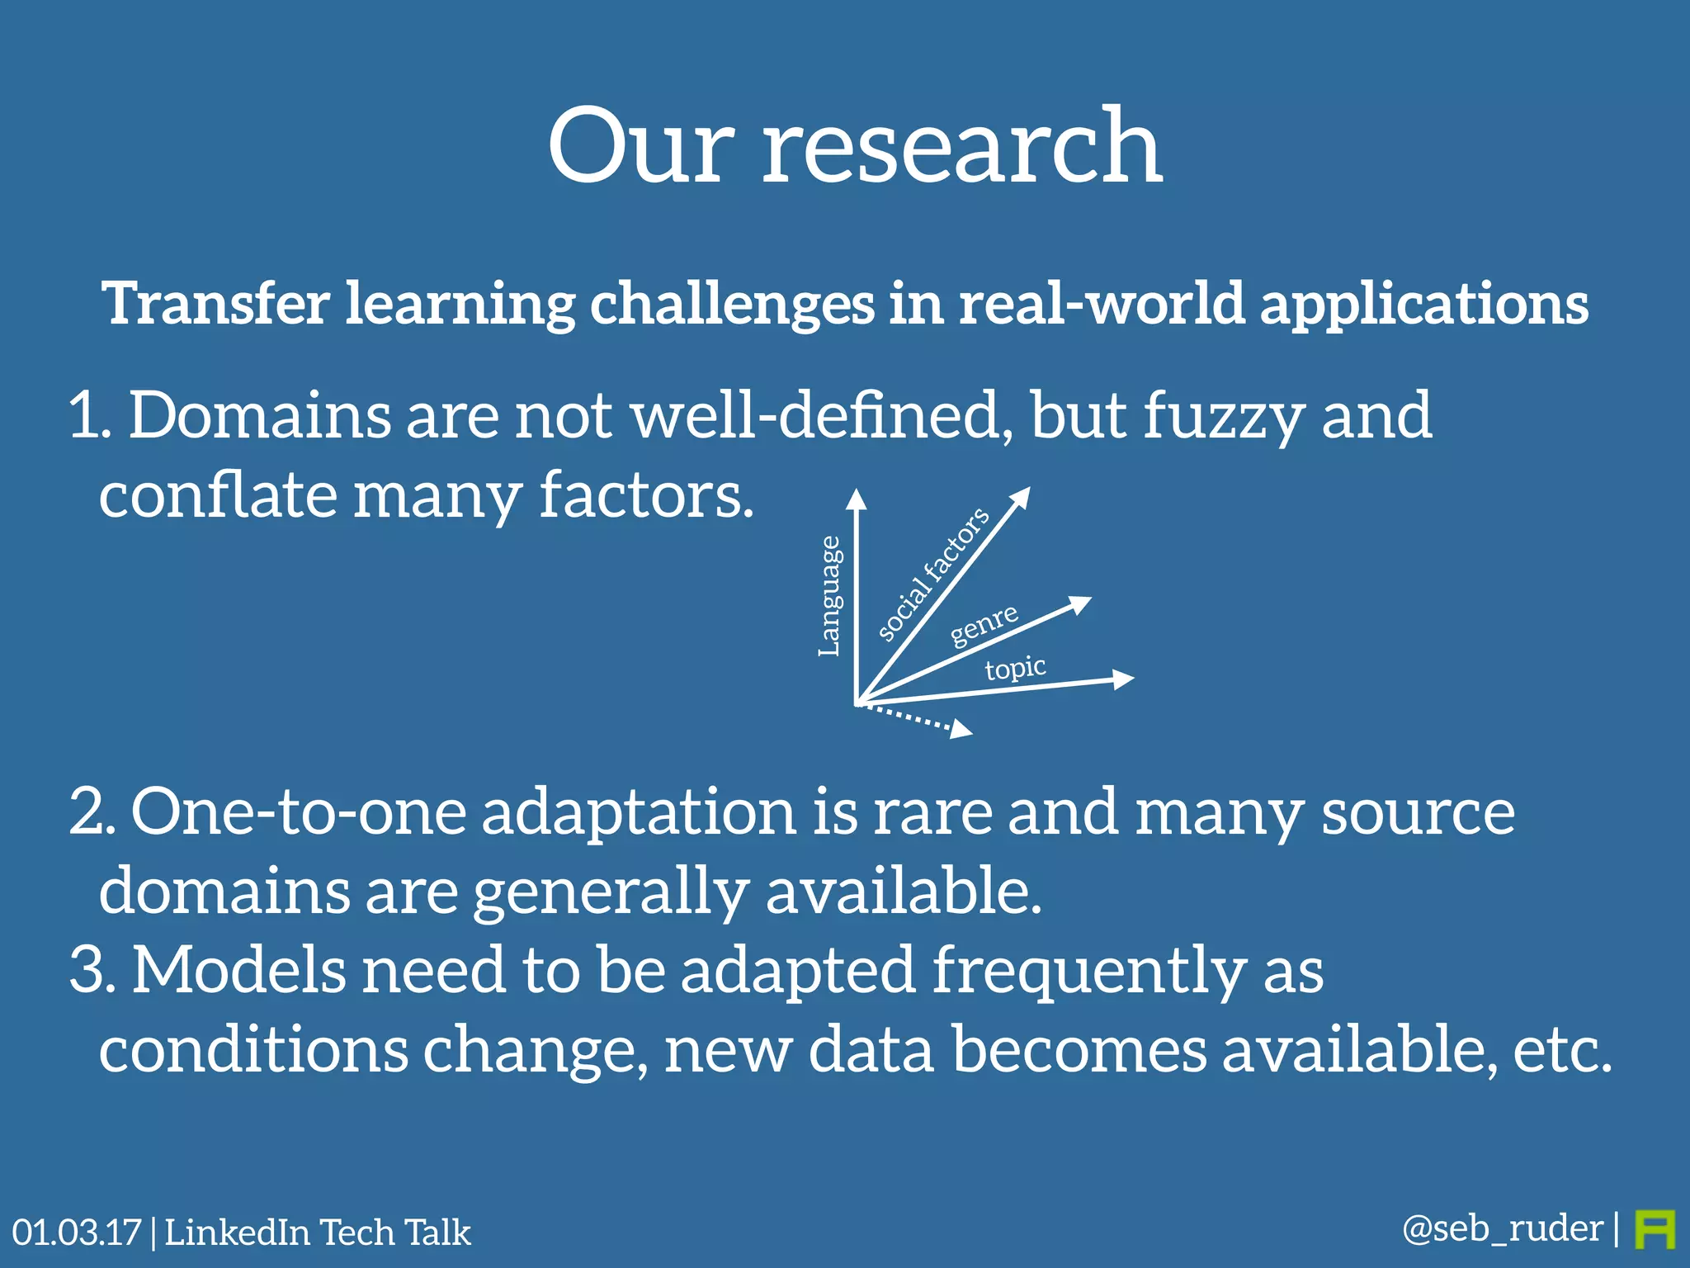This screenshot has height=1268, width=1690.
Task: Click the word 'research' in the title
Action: tap(961, 149)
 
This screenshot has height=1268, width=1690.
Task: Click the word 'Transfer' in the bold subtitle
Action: tap(216, 304)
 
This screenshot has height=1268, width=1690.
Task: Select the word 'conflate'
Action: tap(218, 495)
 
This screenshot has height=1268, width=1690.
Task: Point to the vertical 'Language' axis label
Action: tap(829, 596)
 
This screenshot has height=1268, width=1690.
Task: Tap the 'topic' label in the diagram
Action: tap(1015, 667)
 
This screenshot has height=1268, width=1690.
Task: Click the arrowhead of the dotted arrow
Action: tap(961, 729)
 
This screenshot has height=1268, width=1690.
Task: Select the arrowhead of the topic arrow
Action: tap(1123, 679)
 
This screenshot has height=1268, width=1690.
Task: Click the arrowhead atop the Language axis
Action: tap(857, 499)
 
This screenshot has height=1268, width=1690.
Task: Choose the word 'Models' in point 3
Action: tap(239, 971)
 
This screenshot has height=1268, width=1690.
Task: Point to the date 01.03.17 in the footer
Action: tap(76, 1233)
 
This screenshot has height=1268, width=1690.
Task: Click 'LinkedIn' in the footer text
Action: tap(236, 1233)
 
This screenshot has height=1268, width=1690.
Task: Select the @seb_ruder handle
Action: tap(1502, 1228)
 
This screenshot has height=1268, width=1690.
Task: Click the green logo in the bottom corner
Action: tap(1655, 1229)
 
